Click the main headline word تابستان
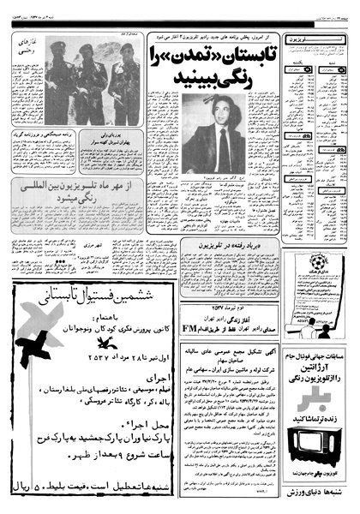pos(253,59)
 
